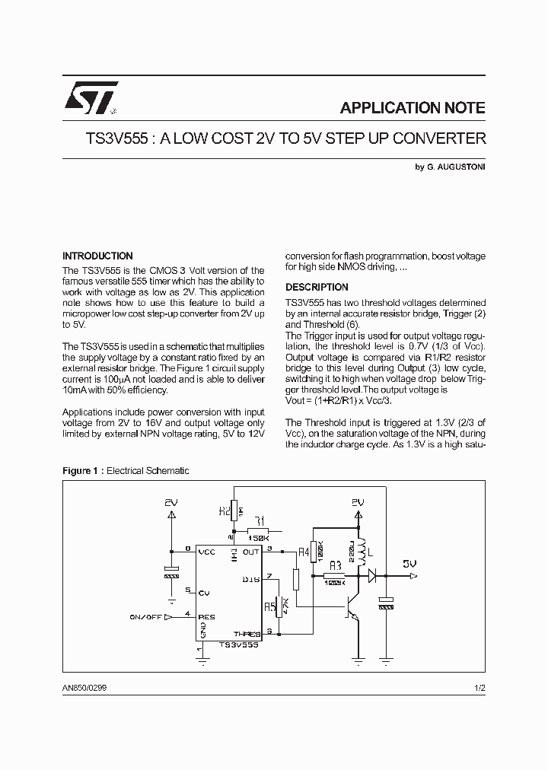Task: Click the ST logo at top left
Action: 90,97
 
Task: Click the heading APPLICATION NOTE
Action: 412,108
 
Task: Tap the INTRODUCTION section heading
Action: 97,256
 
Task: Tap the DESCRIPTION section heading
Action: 317,288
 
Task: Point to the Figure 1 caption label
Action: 82,471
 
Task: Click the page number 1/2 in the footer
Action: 479,687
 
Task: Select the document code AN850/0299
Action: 90,687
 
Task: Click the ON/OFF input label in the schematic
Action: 145,617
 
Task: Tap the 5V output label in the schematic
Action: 410,564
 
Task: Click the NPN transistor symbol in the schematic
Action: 352,606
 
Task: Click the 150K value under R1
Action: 260,538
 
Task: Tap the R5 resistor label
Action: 269,606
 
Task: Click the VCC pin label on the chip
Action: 206,552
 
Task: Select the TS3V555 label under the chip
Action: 238,644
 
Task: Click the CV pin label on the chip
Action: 203,592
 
